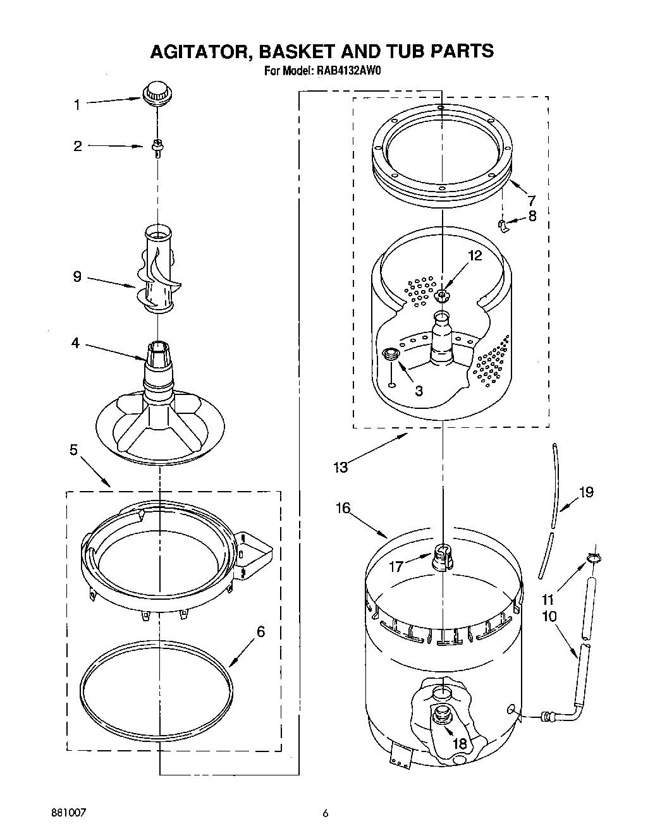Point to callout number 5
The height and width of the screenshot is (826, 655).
74,450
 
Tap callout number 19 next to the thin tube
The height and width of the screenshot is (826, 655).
586,492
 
